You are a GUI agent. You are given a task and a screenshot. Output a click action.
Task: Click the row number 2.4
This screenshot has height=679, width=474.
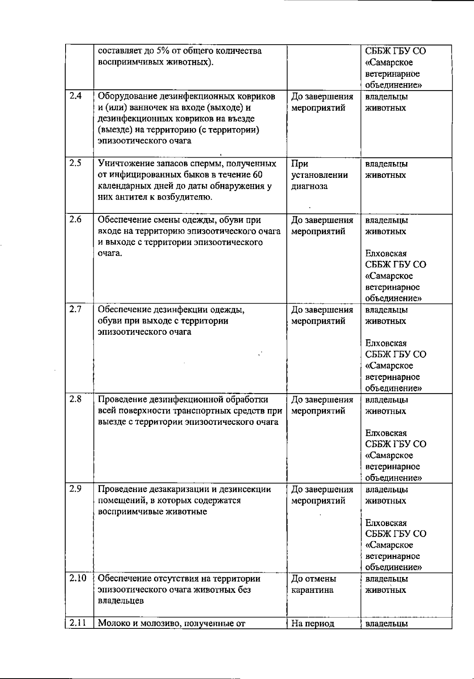[75, 96]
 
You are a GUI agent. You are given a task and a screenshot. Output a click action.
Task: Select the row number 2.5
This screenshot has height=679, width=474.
[75, 163]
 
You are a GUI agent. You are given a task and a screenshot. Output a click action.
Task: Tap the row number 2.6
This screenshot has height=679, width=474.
[75, 220]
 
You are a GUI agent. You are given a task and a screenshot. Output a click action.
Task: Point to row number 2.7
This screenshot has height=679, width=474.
[75, 309]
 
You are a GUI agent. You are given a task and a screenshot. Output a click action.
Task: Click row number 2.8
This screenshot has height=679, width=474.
[75, 399]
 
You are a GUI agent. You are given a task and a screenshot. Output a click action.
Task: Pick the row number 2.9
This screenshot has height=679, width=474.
[75, 489]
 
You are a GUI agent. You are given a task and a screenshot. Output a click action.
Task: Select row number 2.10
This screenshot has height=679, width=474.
[78, 579]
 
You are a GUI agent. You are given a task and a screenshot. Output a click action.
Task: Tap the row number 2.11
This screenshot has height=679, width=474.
[77, 624]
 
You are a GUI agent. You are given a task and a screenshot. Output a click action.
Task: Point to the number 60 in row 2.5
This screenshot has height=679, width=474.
[258, 175]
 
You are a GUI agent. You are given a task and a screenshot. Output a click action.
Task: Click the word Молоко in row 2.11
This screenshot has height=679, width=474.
[113, 624]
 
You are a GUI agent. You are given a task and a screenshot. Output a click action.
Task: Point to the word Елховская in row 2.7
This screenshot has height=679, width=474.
[386, 343]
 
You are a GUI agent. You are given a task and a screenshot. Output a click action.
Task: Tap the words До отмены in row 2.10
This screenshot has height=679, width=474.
[314, 579]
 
